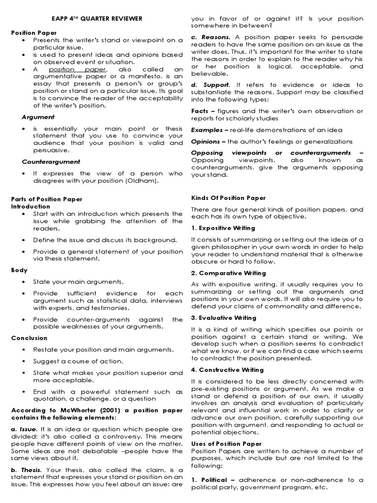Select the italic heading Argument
[x=38, y=117]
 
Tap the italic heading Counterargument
[x=51, y=162]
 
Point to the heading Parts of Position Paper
[x=47, y=199]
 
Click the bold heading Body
[x=19, y=270]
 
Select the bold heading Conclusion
[x=29, y=338]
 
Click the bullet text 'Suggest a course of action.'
[x=78, y=361]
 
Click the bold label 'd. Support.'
[x=210, y=85]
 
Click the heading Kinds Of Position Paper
[x=228, y=198]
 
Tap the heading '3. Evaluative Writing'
[x=223, y=318]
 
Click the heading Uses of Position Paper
[x=225, y=444]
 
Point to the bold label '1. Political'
[x=209, y=480]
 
